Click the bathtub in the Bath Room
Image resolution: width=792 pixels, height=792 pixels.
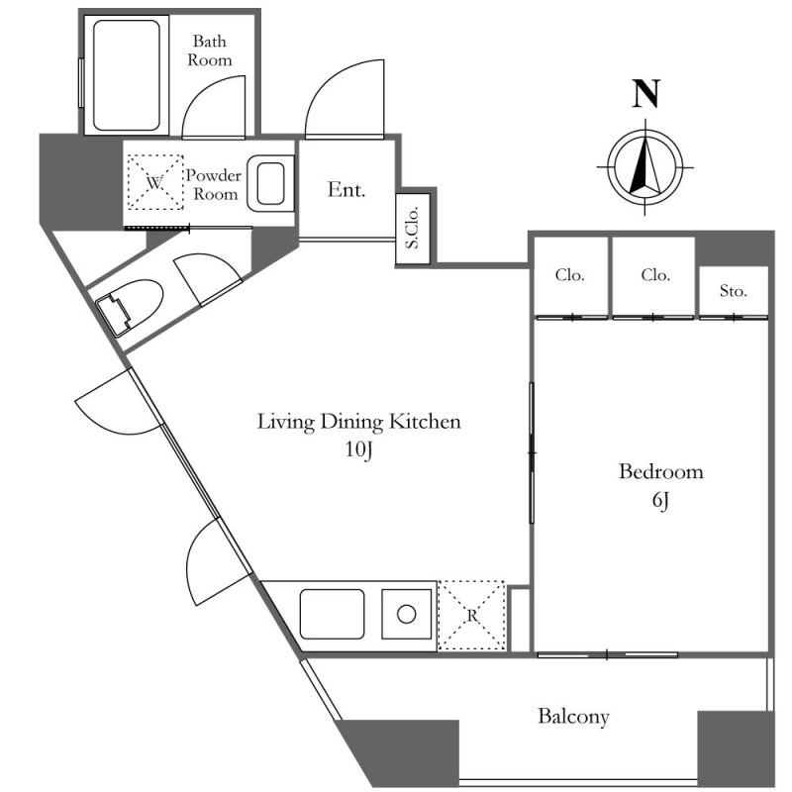[127, 75]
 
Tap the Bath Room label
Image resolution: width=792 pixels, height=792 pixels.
[210, 50]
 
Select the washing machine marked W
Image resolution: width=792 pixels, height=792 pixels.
[155, 182]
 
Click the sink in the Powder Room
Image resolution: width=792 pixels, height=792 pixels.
[270, 183]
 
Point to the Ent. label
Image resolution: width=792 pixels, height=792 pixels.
[346, 189]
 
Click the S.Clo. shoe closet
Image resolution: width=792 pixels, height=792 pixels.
[413, 229]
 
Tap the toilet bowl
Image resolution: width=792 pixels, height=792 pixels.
[130, 307]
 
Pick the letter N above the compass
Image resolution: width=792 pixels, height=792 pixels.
[646, 94]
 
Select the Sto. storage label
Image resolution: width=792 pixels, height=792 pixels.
[733, 291]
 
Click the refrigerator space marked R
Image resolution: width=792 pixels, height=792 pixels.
[471, 615]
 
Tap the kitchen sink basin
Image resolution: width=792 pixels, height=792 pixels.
[332, 614]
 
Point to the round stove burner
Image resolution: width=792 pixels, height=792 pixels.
[407, 615]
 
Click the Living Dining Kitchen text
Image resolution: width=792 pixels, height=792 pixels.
[359, 422]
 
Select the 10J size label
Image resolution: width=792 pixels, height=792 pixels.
[359, 449]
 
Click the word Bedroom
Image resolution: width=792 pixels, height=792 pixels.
[661, 471]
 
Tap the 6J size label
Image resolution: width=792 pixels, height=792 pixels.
[660, 501]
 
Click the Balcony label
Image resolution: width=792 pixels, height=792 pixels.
[573, 717]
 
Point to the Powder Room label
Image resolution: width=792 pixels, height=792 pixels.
[214, 185]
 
